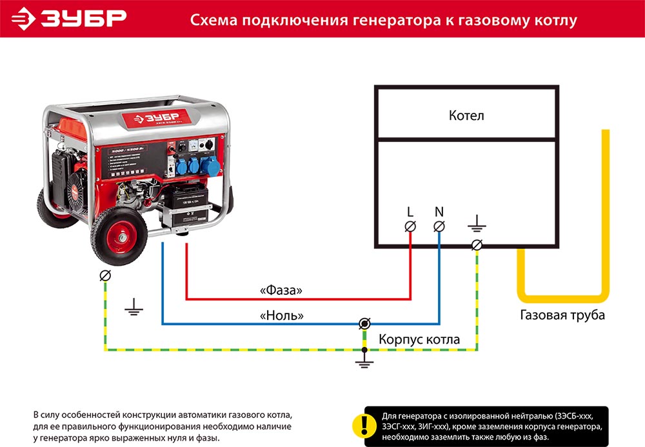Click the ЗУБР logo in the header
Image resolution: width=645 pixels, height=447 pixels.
tap(71, 18)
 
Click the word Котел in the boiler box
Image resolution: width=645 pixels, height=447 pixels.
tap(466, 116)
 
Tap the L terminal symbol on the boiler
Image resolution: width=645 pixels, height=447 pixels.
tap(410, 226)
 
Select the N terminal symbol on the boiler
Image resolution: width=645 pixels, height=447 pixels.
tap(439, 226)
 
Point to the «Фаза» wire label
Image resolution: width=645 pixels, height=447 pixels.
tap(281, 291)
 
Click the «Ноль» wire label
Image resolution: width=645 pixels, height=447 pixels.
tap(282, 315)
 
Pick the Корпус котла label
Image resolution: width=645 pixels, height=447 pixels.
tap(419, 339)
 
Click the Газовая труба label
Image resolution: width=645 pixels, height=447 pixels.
tap(562, 315)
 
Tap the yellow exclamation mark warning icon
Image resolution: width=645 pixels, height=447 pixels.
tap(364, 424)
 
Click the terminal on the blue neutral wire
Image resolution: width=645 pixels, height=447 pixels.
tap(364, 323)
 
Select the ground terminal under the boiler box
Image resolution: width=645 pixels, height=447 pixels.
tap(477, 245)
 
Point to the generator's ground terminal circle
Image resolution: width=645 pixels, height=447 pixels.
tap(104, 276)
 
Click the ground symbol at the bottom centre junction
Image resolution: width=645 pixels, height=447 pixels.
tap(364, 363)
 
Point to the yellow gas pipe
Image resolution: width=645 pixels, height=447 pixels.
tap(605, 213)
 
